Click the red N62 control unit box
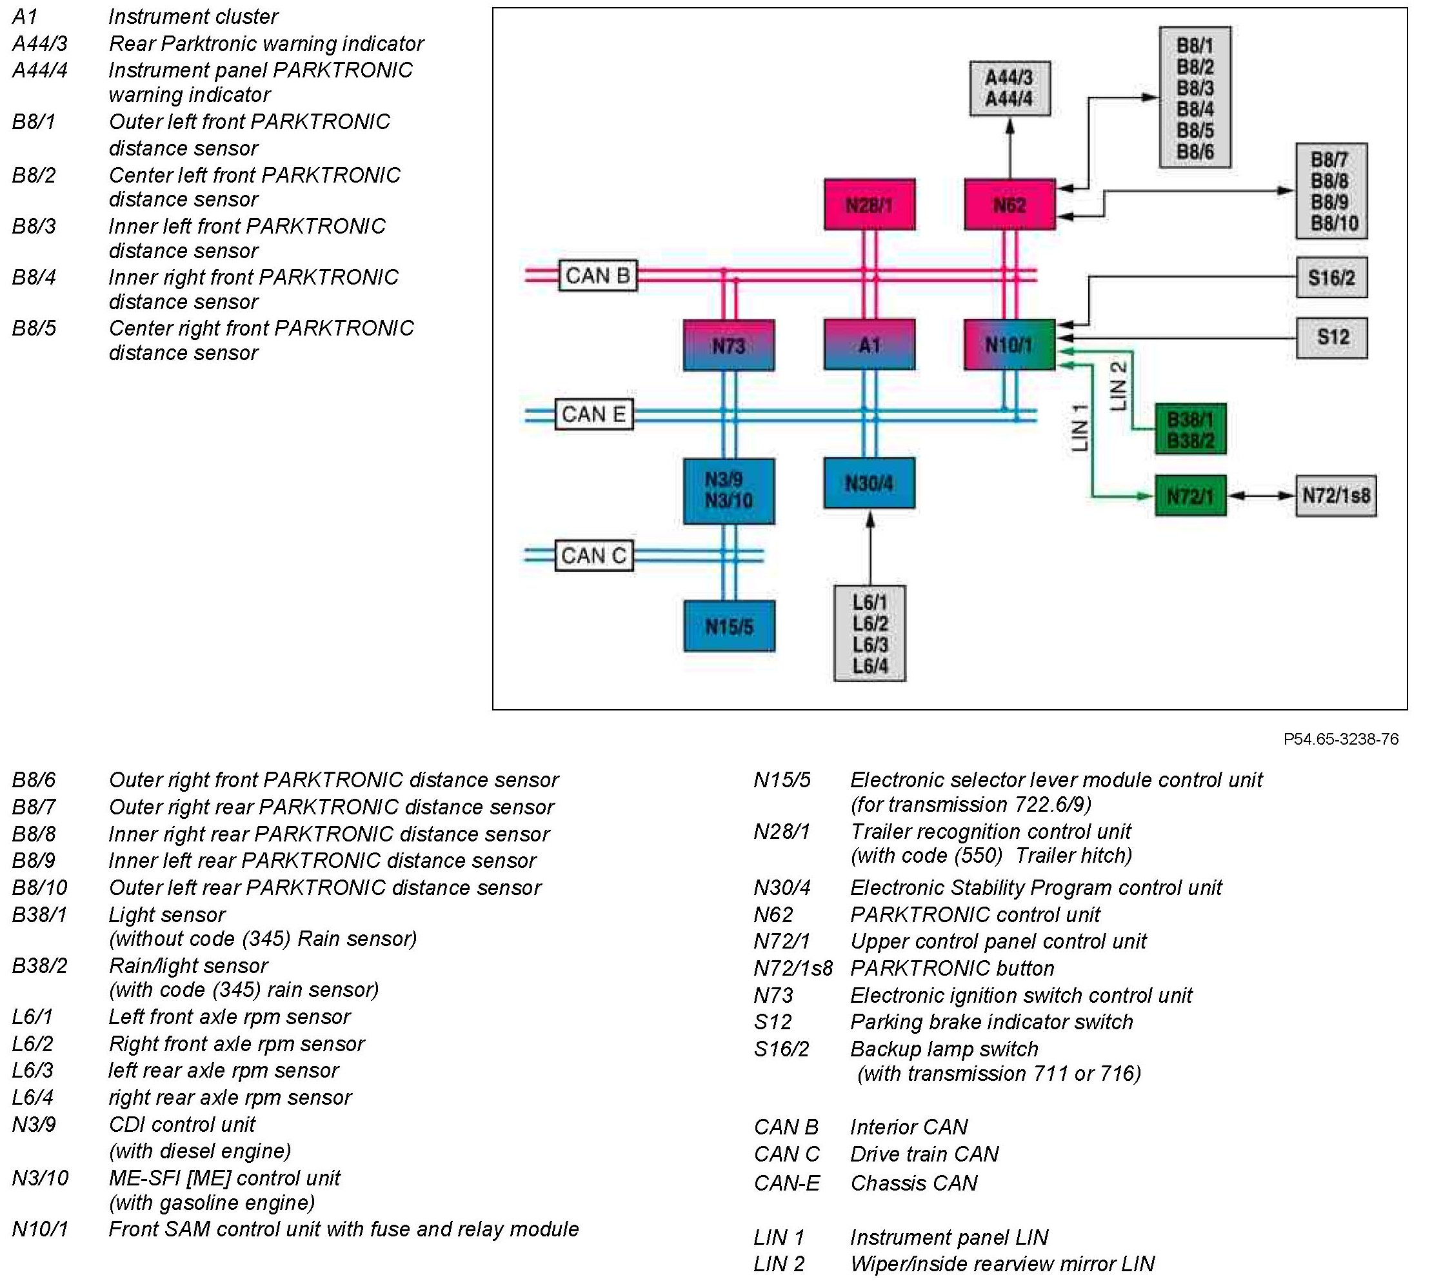point(1009,205)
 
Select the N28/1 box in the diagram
point(869,205)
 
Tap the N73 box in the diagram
point(728,345)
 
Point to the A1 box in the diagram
point(869,345)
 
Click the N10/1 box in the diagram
point(1009,345)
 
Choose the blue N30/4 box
point(869,483)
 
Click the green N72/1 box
point(1190,496)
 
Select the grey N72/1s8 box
point(1336,496)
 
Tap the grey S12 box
point(1331,337)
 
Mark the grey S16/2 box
point(1331,277)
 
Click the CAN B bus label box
point(598,276)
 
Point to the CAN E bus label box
point(593,414)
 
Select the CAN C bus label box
point(593,556)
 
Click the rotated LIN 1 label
point(1079,427)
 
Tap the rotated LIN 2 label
point(1118,387)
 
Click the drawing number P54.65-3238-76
point(1341,739)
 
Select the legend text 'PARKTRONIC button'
point(951,968)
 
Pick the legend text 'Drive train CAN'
point(924,1154)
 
